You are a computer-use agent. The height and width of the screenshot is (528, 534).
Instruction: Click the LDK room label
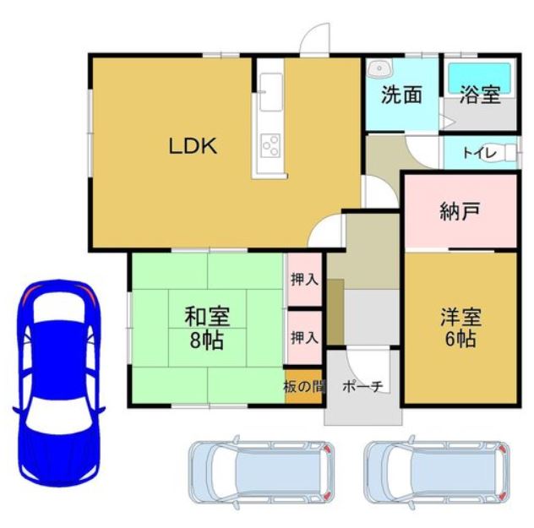(x=193, y=146)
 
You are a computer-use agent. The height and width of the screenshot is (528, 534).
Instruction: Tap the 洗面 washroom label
(x=401, y=95)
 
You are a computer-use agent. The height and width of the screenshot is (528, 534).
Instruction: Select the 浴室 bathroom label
(x=480, y=95)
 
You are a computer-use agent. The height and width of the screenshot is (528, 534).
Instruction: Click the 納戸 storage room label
(x=460, y=211)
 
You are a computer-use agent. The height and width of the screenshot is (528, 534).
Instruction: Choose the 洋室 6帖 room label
(x=460, y=327)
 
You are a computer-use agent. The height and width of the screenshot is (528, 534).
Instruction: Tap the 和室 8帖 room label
(x=207, y=328)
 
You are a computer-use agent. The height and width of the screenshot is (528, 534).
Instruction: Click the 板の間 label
(x=304, y=387)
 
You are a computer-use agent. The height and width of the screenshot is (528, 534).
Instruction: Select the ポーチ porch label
(x=363, y=386)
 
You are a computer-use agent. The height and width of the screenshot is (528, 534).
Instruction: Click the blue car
(x=58, y=382)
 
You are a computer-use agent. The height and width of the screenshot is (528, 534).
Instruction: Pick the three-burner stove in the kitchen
(x=270, y=145)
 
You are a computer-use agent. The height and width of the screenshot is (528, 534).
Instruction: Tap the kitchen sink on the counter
(x=270, y=92)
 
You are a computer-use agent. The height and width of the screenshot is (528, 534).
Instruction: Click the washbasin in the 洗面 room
(x=379, y=68)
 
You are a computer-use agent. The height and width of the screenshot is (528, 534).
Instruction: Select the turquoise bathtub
(x=480, y=78)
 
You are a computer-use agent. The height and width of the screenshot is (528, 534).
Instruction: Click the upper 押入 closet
(x=304, y=280)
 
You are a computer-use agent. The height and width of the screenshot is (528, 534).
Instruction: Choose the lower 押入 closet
(x=304, y=338)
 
